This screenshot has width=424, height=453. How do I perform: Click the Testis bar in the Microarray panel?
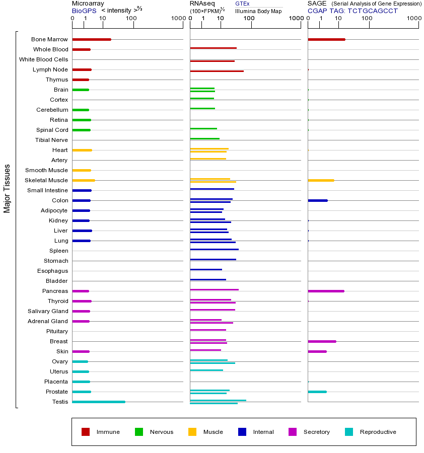(99, 402)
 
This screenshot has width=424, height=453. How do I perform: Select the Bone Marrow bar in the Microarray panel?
(92, 39)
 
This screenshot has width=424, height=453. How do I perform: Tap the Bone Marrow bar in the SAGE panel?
(326, 39)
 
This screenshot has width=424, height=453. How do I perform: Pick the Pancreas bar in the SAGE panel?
(326, 291)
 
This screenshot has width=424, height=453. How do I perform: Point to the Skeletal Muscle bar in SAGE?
(321, 180)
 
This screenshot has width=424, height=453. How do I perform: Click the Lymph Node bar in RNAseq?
(217, 71)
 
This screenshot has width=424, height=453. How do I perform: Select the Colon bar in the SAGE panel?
(317, 200)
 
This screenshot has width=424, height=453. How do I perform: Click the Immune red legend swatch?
(86, 432)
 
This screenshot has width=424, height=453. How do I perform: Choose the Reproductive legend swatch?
(349, 432)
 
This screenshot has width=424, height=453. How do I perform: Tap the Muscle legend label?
(213, 432)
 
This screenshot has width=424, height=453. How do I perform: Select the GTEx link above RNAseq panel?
(242, 4)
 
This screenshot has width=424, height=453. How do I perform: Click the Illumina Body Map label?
(258, 11)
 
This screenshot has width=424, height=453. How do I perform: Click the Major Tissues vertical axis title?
(7, 188)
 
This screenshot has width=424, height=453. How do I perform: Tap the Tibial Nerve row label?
(51, 140)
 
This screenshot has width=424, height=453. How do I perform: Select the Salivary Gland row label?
(48, 311)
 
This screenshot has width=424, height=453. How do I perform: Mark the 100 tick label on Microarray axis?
(131, 19)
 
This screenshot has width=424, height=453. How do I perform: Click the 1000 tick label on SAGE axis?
(413, 19)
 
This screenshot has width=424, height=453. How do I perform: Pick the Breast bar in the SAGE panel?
(322, 341)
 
